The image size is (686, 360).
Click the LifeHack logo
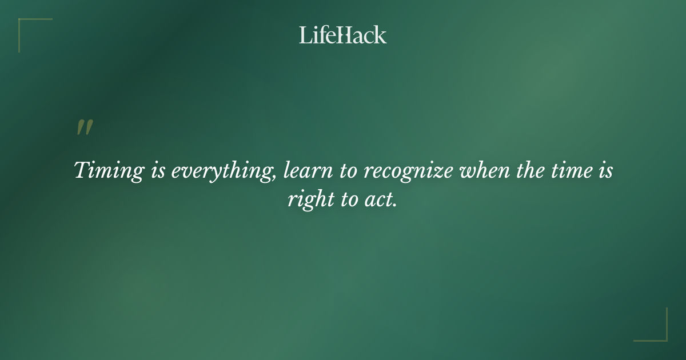tap(342, 35)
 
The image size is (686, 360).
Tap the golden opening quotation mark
tap(84, 128)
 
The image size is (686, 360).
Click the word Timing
tap(109, 171)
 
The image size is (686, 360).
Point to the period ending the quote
tap(394, 206)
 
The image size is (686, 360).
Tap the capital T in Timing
tap(82, 170)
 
